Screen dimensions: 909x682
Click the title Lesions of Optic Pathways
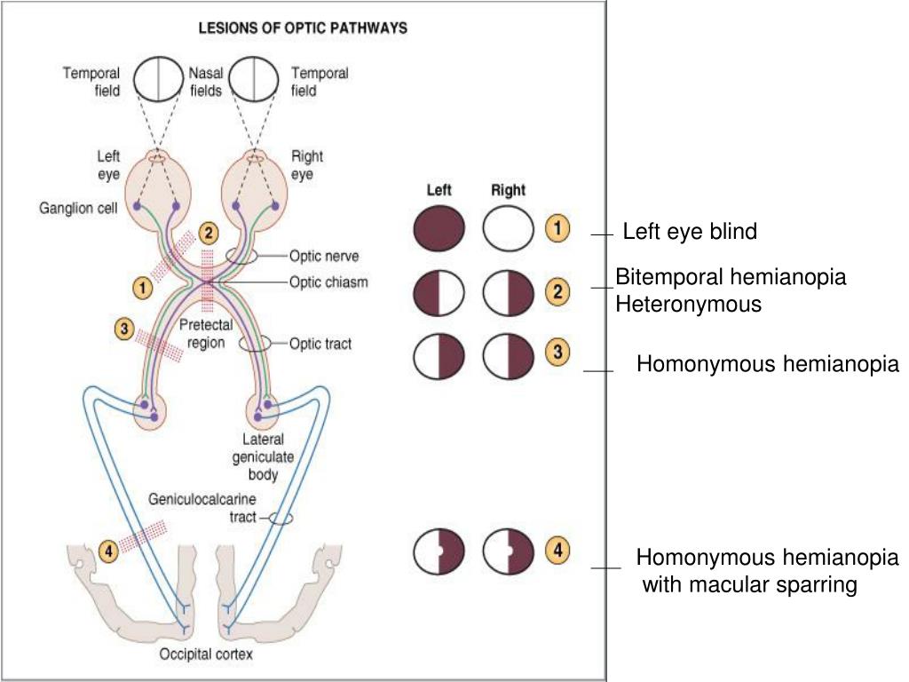[303, 28]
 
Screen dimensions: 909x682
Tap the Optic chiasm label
[328, 282]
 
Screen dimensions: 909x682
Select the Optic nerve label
[324, 256]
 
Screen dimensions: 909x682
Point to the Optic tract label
[320, 344]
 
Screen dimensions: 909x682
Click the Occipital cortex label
[206, 654]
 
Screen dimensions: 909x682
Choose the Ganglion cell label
[78, 208]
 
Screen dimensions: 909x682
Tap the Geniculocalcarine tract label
[202, 507]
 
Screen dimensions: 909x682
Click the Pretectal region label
[206, 334]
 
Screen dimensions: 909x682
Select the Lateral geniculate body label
[263, 456]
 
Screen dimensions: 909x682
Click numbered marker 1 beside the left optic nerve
[143, 288]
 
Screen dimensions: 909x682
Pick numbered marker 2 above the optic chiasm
[209, 234]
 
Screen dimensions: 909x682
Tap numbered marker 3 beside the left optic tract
[124, 329]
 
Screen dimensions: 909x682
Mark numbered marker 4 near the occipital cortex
[109, 550]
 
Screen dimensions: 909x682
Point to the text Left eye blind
[690, 232]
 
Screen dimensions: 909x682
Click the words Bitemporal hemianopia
[731, 277]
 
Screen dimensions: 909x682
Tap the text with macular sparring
[749, 584]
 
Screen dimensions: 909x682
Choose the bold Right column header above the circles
[508, 190]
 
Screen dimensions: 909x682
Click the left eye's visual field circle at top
[158, 79]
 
